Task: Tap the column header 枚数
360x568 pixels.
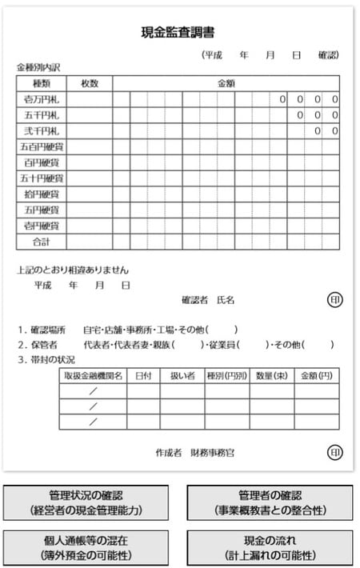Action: (x=89, y=83)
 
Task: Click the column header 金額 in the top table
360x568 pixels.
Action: (x=226, y=83)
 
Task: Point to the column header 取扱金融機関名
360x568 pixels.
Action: (x=93, y=374)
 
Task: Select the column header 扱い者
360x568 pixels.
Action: (x=182, y=374)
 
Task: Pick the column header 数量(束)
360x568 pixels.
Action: (x=272, y=374)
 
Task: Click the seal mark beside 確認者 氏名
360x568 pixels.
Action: (x=334, y=299)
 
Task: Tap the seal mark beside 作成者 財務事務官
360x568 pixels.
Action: (x=334, y=452)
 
